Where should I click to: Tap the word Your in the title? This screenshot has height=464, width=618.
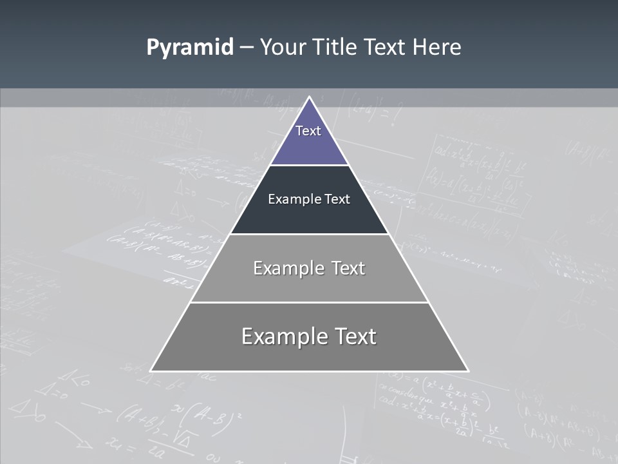(284, 48)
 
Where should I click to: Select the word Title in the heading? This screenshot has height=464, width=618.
(335, 48)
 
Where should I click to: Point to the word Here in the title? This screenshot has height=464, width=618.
(437, 48)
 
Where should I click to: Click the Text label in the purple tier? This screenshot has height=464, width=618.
(308, 131)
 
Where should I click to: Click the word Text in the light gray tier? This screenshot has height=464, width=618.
(348, 268)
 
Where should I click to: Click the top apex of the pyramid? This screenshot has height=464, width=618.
(309, 97)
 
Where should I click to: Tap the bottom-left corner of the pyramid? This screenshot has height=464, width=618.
(151, 371)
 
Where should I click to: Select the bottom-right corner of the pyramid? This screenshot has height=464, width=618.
(467, 371)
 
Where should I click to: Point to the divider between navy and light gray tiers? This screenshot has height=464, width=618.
(309, 234)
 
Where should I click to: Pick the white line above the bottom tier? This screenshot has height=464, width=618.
(309, 302)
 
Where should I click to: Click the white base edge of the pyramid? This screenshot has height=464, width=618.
(309, 371)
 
